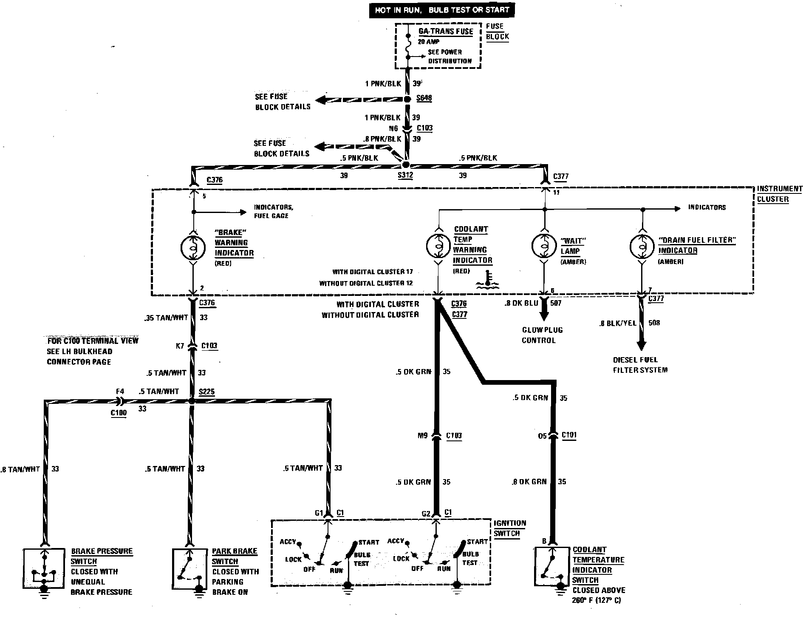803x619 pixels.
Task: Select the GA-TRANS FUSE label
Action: [446, 31]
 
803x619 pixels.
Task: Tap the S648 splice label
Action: [424, 98]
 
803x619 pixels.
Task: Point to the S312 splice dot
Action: [405, 165]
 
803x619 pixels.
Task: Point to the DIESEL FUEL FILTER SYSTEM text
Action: [640, 365]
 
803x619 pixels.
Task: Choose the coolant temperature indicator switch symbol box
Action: [551, 568]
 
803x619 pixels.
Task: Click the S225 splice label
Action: [206, 391]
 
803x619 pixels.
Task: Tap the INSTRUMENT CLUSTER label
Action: [779, 194]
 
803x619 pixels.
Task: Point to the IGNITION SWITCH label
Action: [509, 528]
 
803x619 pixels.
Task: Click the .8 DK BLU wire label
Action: [521, 303]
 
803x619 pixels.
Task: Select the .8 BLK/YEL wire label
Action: [617, 323]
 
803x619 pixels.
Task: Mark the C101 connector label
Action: [569, 435]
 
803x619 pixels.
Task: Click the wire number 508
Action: [654, 323]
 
